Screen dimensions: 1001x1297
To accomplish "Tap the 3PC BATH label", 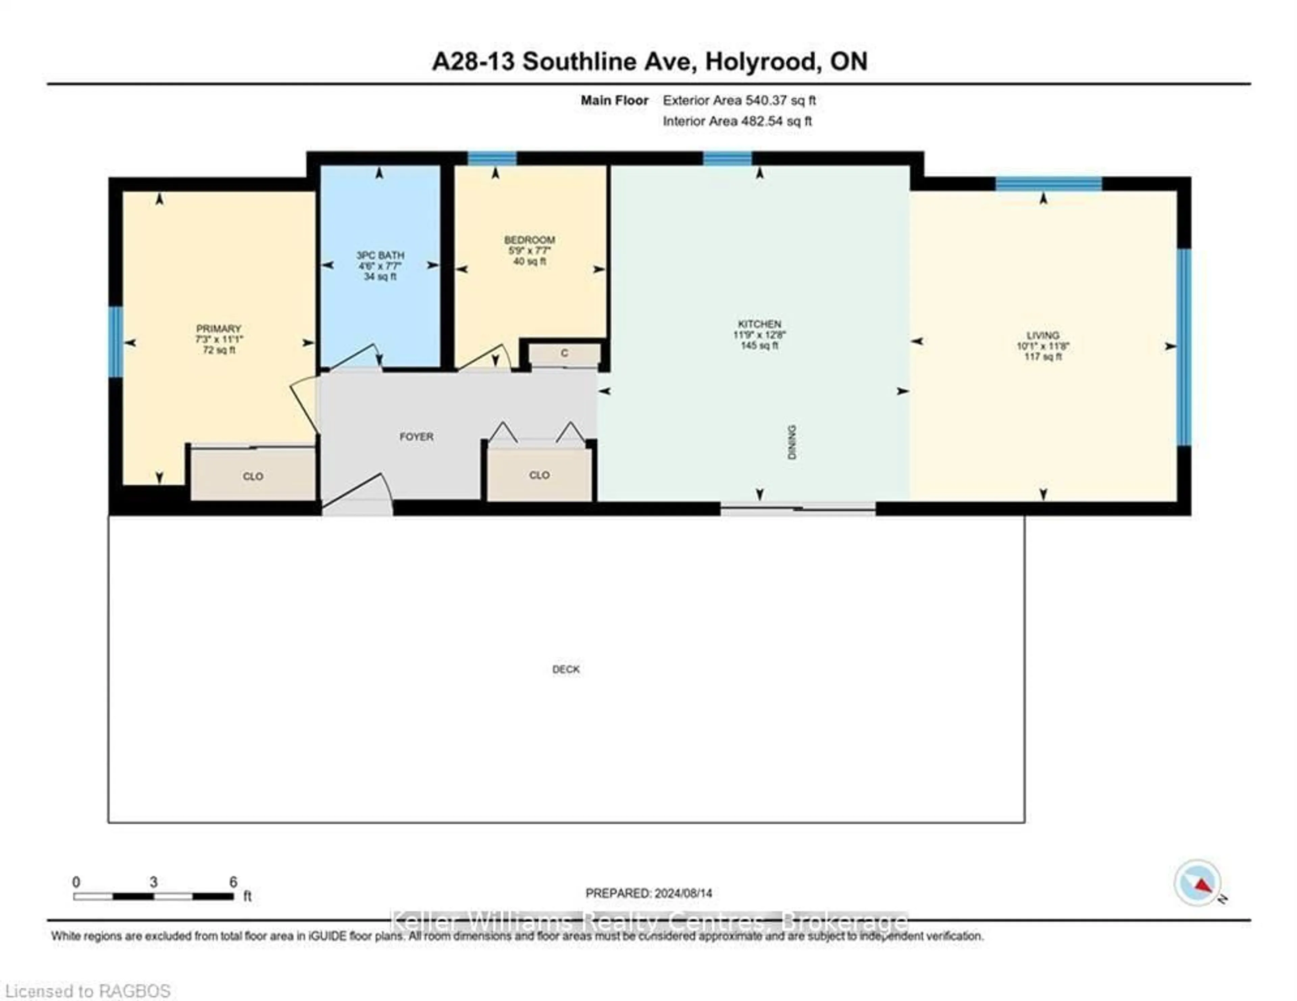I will tap(380, 255).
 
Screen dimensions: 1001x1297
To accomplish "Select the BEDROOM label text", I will tap(529, 240).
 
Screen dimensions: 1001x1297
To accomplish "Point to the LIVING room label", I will tap(1042, 335).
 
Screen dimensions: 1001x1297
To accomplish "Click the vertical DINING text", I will tap(792, 442).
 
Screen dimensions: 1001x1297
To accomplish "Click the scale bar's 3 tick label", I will tap(153, 882).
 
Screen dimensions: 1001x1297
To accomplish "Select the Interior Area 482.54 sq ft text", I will tap(737, 121).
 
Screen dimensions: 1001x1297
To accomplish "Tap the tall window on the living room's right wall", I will tap(1184, 347).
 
